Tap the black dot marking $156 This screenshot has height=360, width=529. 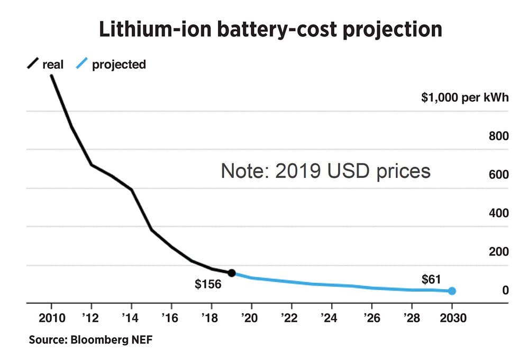tap(231, 273)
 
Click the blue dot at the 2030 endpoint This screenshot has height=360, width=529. tap(452, 291)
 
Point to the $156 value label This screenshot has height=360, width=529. tap(208, 285)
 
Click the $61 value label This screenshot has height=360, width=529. tap(431, 279)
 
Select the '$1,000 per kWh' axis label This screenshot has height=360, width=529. tap(464, 97)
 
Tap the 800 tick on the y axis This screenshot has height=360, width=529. tap(498, 136)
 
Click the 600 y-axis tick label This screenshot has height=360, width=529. tap(498, 175)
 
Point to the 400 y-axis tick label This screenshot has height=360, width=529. tap(498, 213)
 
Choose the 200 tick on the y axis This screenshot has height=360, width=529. tap(498, 252)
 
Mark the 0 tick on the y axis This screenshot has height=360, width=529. tap(505, 290)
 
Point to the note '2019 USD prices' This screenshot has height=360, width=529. tap(325, 171)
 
